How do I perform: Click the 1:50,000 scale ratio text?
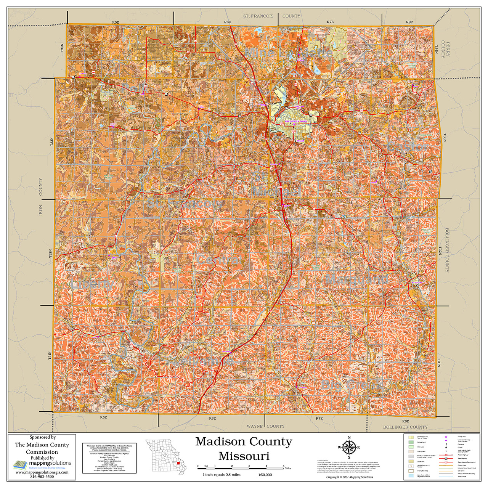(263, 475)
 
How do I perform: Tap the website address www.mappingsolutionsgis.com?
(42, 472)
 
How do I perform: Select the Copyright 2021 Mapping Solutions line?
(349, 477)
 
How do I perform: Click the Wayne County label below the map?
(265, 426)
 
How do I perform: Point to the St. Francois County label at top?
(271, 16)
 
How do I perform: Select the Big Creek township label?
(351, 384)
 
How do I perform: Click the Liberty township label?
(92, 284)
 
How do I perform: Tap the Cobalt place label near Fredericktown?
(301, 141)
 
